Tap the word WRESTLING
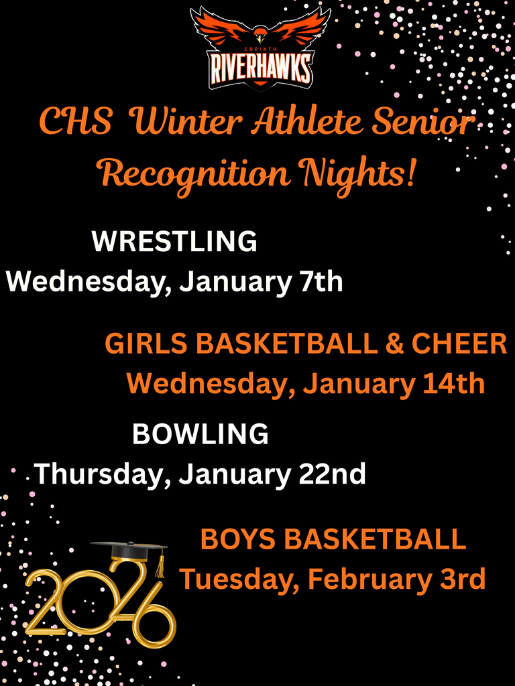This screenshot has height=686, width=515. point(174,241)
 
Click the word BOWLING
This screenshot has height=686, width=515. point(201,434)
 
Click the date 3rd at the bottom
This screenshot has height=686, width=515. point(463,579)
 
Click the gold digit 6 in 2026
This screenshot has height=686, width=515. point(152,613)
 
